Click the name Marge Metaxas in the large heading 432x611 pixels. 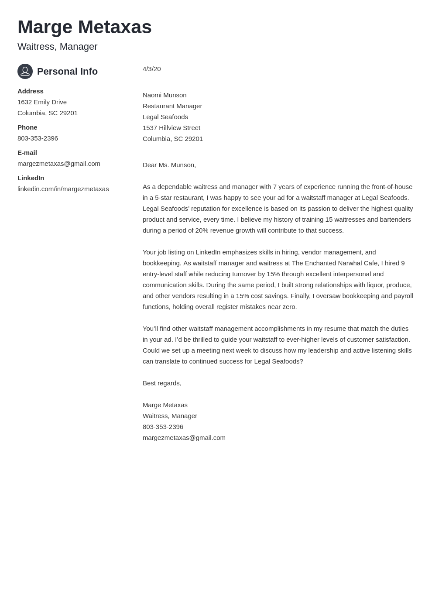(x=85, y=27)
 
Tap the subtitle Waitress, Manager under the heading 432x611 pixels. (x=57, y=47)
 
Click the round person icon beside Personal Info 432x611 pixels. (x=25, y=71)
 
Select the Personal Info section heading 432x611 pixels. (x=67, y=72)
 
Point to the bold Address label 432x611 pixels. (x=31, y=91)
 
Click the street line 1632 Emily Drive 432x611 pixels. (x=42, y=102)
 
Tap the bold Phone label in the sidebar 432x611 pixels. (x=27, y=127)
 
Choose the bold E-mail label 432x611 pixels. (x=27, y=153)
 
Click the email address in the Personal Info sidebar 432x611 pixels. (x=59, y=164)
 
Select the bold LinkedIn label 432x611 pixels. (x=31, y=178)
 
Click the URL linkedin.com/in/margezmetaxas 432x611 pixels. (x=63, y=189)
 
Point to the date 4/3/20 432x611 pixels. (x=152, y=69)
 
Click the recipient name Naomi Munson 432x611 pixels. (x=165, y=95)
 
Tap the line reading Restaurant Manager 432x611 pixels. (x=172, y=106)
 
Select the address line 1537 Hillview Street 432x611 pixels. (x=171, y=128)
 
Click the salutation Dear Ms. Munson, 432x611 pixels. (x=169, y=165)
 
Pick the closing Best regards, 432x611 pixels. (x=162, y=383)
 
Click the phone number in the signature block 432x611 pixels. (x=163, y=427)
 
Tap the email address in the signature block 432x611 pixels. (x=184, y=438)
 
